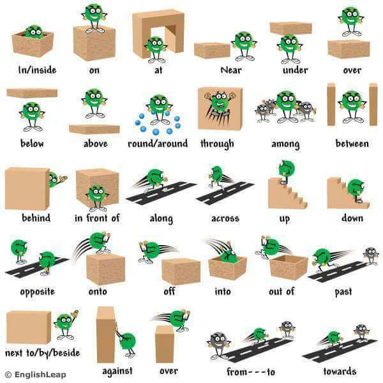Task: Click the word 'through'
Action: (217, 144)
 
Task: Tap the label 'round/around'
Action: (158, 144)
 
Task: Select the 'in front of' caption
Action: (97, 218)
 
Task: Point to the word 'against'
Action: (117, 371)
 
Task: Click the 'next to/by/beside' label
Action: (43, 353)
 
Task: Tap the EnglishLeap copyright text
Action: (35, 375)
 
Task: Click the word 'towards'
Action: (340, 372)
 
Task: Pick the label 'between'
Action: (352, 144)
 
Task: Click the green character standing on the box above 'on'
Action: (94, 18)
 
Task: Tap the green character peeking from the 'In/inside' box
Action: (34, 32)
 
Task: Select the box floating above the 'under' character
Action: (290, 28)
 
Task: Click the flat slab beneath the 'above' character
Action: (94, 129)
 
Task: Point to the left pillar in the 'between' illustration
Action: (331, 104)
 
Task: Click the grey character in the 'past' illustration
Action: (371, 255)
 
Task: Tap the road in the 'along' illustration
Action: (161, 193)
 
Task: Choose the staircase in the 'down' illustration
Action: (348, 193)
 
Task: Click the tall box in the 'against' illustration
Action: (106, 334)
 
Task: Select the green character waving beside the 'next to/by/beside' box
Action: (66, 325)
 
